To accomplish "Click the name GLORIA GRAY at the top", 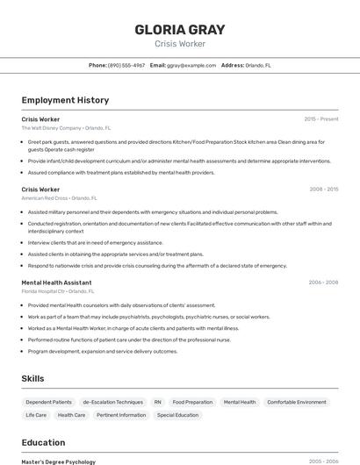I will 179,29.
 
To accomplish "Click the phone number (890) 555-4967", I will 126,65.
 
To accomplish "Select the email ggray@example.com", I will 191,65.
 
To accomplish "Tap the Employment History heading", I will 65,101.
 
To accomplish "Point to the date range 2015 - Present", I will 321,118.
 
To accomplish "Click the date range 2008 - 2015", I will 324,190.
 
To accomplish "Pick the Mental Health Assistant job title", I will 57,283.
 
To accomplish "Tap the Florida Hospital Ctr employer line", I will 57,291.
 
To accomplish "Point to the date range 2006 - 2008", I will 323,283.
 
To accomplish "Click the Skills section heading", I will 33,378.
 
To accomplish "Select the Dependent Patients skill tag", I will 48,402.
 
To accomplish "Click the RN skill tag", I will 158,402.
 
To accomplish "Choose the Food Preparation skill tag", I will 192,402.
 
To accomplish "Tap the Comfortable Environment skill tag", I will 296,402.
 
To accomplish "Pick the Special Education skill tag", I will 177,415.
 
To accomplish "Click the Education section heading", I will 43,442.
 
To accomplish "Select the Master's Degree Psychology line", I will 58,461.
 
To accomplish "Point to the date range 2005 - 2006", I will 323,461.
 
